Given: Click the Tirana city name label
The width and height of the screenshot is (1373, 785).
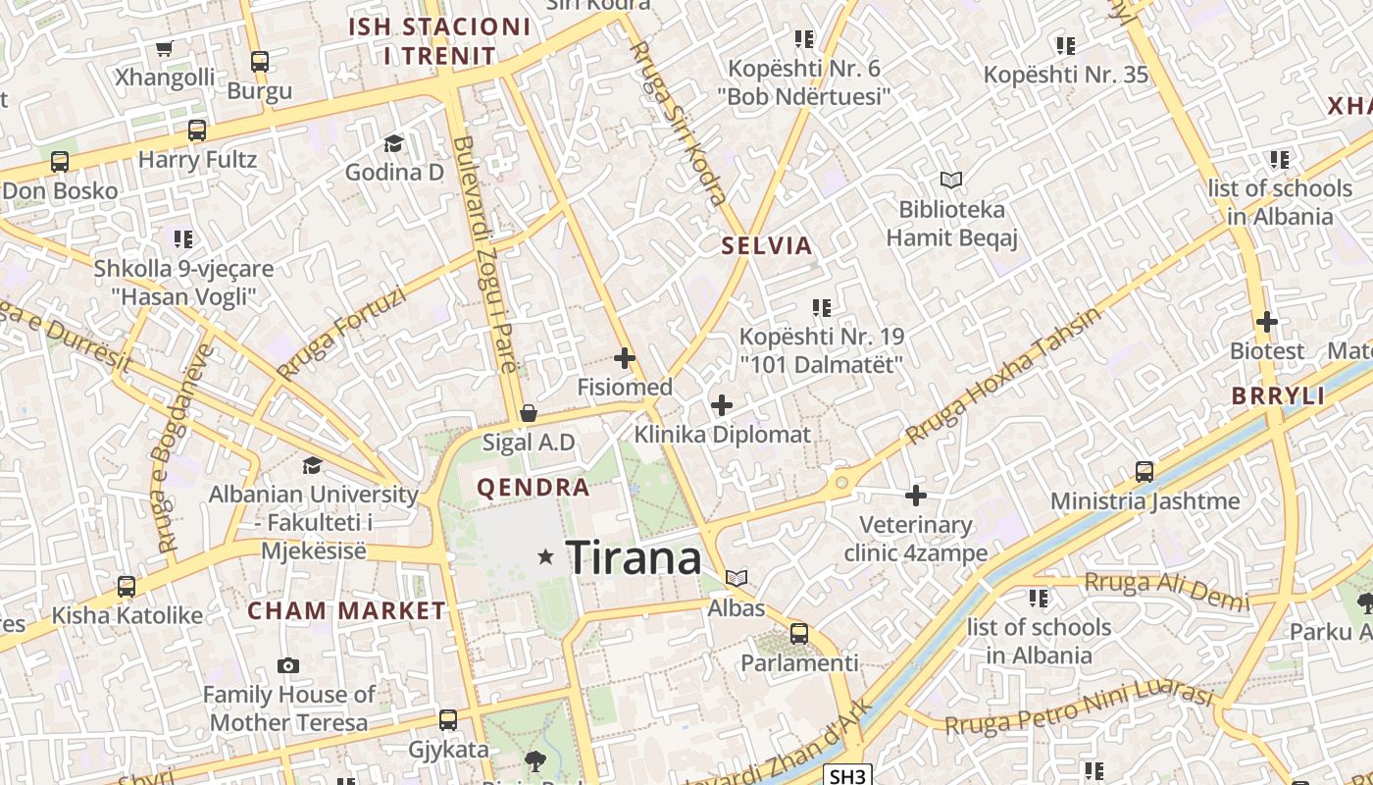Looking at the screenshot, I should (x=634, y=558).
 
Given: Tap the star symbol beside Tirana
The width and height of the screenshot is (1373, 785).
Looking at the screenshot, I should (x=546, y=557).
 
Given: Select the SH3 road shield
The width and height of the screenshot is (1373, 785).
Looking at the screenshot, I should (x=847, y=776).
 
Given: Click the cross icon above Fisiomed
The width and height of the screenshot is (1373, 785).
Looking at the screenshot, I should (x=625, y=358).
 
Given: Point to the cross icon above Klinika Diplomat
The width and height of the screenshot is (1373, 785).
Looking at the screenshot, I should (x=722, y=404).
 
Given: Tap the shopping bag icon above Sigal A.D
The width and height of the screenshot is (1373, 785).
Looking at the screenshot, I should (x=529, y=413).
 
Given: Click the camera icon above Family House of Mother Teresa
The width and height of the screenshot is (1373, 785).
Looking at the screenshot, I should (x=287, y=665).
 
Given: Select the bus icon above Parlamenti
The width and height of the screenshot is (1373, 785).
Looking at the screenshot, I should (x=799, y=634).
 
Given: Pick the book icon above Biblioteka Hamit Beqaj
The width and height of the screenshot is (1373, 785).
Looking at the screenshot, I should (x=950, y=181).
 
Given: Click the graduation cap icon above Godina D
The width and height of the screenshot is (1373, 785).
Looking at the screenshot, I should (x=393, y=144).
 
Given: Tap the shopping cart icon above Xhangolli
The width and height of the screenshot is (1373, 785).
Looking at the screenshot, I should (x=164, y=48).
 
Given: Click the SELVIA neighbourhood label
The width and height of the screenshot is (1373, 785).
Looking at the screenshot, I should (x=767, y=246).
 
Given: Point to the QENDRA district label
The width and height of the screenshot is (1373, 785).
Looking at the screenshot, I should (x=534, y=488).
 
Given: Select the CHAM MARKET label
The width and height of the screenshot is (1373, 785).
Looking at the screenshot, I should (x=346, y=610).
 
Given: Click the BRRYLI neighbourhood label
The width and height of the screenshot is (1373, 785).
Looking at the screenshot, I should (x=1278, y=396).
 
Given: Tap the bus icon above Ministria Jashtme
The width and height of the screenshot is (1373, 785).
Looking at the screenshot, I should (x=1144, y=472).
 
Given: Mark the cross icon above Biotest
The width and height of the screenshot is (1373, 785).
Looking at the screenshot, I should (x=1267, y=321).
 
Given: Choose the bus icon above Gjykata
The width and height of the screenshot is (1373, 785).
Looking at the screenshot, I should (x=448, y=720).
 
